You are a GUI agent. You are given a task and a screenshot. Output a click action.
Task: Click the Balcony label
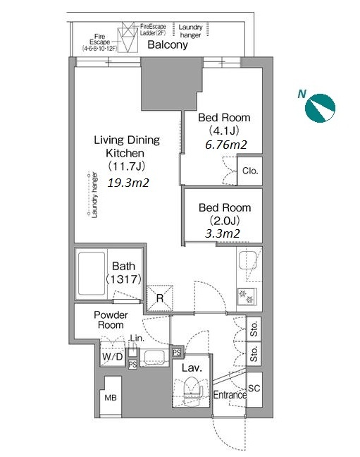coord(168,45)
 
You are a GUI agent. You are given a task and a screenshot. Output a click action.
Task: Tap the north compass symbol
coord(320,108)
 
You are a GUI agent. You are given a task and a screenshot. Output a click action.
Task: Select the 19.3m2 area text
coord(128,183)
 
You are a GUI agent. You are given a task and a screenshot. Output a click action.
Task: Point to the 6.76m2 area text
coord(226,145)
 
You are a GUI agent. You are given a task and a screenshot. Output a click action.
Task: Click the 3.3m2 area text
coord(223,233)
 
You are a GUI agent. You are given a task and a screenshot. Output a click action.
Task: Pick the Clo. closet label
coord(250,171)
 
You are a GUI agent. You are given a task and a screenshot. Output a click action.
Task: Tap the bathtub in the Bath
coord(92,273)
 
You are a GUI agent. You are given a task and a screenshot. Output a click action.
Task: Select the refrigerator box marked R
coord(160,298)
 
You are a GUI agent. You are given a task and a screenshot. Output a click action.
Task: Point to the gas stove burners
coord(247,296)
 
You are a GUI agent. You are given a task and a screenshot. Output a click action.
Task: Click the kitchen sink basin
coord(247,260)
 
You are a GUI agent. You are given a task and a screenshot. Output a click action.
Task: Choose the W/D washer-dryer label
coord(113,356)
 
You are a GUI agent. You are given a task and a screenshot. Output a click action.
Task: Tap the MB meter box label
coord(111,397)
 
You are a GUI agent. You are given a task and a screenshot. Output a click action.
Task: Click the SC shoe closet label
coord(254,388)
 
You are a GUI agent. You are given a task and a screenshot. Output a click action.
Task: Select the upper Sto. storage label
coord(254,329)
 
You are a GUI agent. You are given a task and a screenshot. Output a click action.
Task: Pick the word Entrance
coord(230,395)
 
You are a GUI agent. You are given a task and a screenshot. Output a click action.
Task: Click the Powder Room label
coord(111,319)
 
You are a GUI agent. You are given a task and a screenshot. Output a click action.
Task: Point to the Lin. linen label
coord(137,338)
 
